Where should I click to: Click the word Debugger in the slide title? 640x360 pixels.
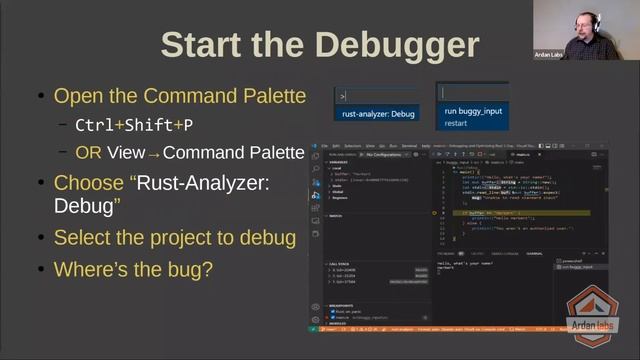click(394, 45)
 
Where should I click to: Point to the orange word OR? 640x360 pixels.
click(88, 153)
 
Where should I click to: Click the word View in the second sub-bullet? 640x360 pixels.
click(125, 153)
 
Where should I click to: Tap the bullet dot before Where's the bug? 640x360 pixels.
click(40, 270)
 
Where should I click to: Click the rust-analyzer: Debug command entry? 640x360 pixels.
click(378, 114)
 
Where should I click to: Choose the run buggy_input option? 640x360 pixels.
click(473, 112)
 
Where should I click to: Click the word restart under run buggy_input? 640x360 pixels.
click(456, 124)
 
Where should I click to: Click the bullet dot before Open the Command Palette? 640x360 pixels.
click(40, 97)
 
